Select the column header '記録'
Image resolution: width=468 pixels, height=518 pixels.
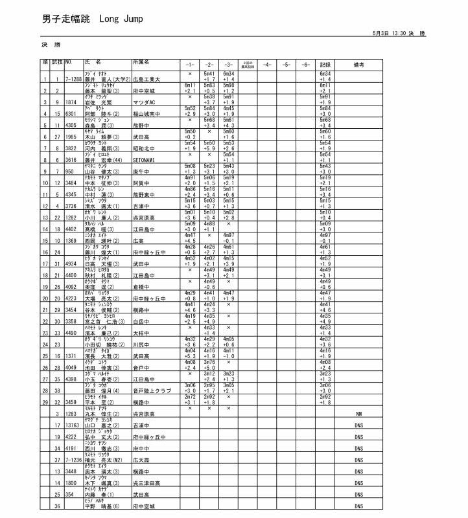pyautogui.click(x=325, y=65)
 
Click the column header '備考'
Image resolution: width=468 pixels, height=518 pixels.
pyautogui.click(x=358, y=65)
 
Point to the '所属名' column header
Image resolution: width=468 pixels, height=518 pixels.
pyautogui.click(x=141, y=62)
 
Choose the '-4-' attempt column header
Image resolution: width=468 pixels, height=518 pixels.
pyautogui.click(x=267, y=65)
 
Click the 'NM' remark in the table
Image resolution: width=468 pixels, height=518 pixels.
pyautogui.click(x=358, y=414)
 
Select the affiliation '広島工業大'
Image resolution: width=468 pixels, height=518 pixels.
pyautogui.click(x=146, y=79)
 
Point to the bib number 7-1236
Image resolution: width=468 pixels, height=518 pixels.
pyautogui.click(x=73, y=460)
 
